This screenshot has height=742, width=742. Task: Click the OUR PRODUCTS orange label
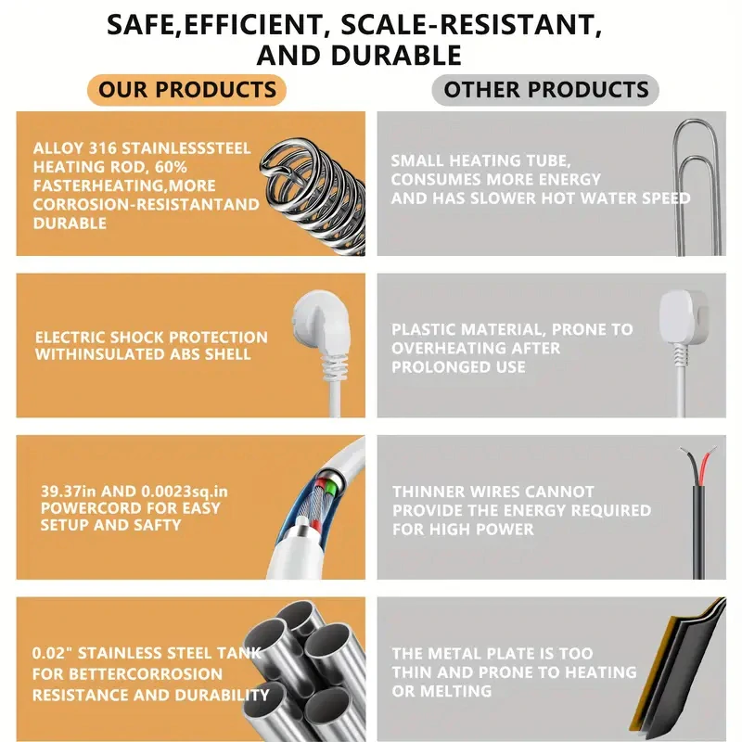[x=187, y=89]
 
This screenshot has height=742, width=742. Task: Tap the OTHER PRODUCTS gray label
[x=545, y=89]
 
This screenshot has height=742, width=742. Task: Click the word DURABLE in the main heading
[x=396, y=56]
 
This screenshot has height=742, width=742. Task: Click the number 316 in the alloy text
[x=103, y=148]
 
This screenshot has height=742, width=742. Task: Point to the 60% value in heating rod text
[x=171, y=167]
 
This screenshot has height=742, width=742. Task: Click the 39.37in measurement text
[x=69, y=492]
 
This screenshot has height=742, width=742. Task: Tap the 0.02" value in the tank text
[x=52, y=653]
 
